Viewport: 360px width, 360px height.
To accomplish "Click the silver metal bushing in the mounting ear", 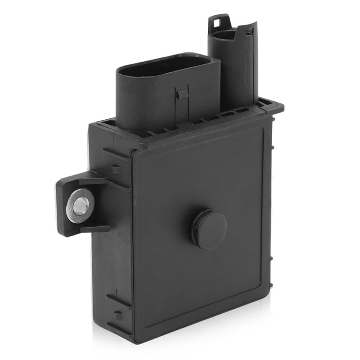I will pos(80,206).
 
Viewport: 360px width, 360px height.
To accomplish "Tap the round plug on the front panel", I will pos(209,229).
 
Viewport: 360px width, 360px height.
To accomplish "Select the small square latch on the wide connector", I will pos(182,93).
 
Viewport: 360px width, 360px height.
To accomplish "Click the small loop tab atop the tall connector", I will pos(219,20).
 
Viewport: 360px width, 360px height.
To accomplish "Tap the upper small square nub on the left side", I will pos(116,170).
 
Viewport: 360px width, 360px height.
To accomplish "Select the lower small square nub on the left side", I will pos(118,315).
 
